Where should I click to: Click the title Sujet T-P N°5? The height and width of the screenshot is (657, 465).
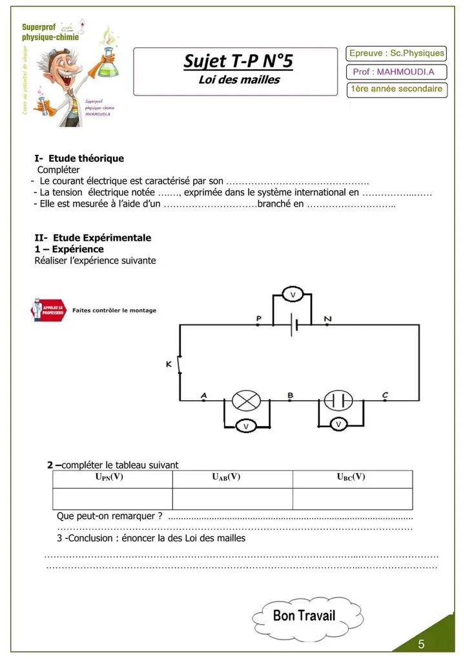click(x=238, y=61)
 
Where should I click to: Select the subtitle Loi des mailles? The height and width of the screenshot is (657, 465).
click(x=238, y=80)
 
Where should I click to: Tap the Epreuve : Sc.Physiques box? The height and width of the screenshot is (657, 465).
click(x=397, y=53)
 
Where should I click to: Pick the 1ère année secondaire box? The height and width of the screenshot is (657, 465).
click(x=397, y=88)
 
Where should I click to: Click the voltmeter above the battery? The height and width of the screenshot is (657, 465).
click(x=293, y=294)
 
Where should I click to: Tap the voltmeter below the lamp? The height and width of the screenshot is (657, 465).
click(x=245, y=425)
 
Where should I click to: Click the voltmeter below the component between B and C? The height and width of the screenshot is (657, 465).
click(x=338, y=424)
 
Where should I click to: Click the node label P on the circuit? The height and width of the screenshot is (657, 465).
click(x=258, y=319)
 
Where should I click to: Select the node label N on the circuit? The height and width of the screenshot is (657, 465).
click(x=327, y=319)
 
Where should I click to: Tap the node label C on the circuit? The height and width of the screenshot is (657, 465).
click(x=385, y=395)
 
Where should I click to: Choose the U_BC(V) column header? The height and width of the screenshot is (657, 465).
click(x=351, y=478)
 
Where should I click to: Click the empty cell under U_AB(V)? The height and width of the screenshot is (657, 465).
click(x=232, y=499)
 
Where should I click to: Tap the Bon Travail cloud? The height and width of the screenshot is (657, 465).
click(x=304, y=615)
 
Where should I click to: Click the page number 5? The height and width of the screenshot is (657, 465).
click(x=421, y=643)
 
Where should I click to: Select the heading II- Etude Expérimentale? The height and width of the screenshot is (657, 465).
click(x=92, y=238)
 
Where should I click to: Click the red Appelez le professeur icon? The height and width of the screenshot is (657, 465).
click(x=48, y=310)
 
